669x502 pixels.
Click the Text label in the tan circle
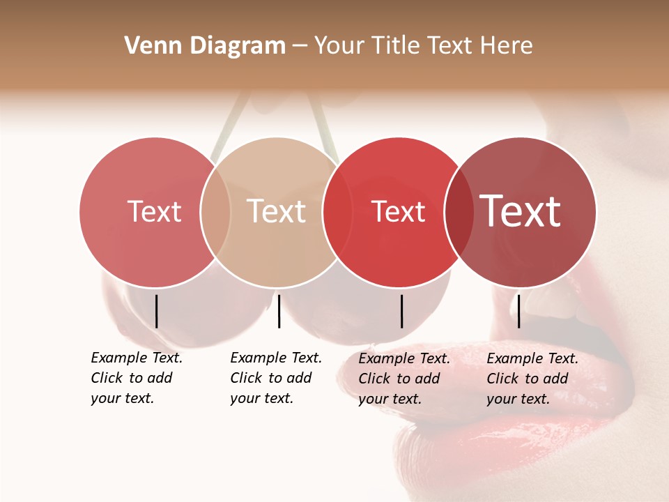tap(276, 211)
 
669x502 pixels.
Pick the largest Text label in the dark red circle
tap(521, 211)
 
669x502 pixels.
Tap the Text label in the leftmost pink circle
tap(154, 211)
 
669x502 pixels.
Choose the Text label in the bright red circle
tap(398, 211)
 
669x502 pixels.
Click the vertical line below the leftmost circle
tap(156, 311)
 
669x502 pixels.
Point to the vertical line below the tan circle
tap(279, 311)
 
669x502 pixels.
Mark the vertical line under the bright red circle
tap(401, 311)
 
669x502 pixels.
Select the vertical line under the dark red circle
tap(518, 311)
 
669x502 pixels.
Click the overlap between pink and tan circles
tap(215, 212)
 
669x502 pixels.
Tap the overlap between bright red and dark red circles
tap(459, 212)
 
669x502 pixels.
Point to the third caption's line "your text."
tap(390, 399)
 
